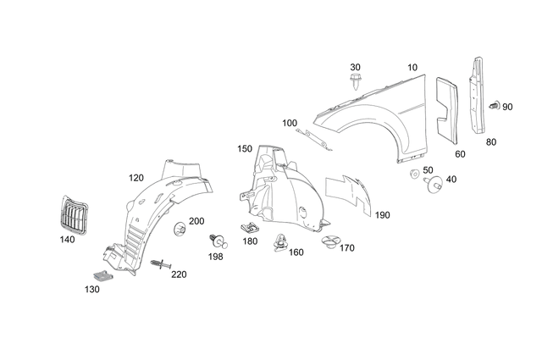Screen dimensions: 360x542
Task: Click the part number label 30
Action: tap(356, 67)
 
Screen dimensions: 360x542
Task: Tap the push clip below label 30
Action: tap(356, 83)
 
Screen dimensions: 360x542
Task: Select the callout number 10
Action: tap(412, 67)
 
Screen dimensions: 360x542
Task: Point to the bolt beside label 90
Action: tap(494, 106)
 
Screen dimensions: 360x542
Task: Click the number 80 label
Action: tap(491, 142)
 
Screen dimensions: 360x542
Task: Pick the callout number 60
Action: tap(460, 154)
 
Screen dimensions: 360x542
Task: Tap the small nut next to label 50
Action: tap(414, 174)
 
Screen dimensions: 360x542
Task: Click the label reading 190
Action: tap(382, 215)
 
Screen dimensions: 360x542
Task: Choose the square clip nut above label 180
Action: tap(249, 227)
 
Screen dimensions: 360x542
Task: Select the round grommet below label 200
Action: tap(180, 230)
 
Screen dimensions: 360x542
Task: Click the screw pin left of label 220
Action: tap(159, 266)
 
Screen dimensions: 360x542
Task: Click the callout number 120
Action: tap(136, 179)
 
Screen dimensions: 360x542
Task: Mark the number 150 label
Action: tap(245, 148)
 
